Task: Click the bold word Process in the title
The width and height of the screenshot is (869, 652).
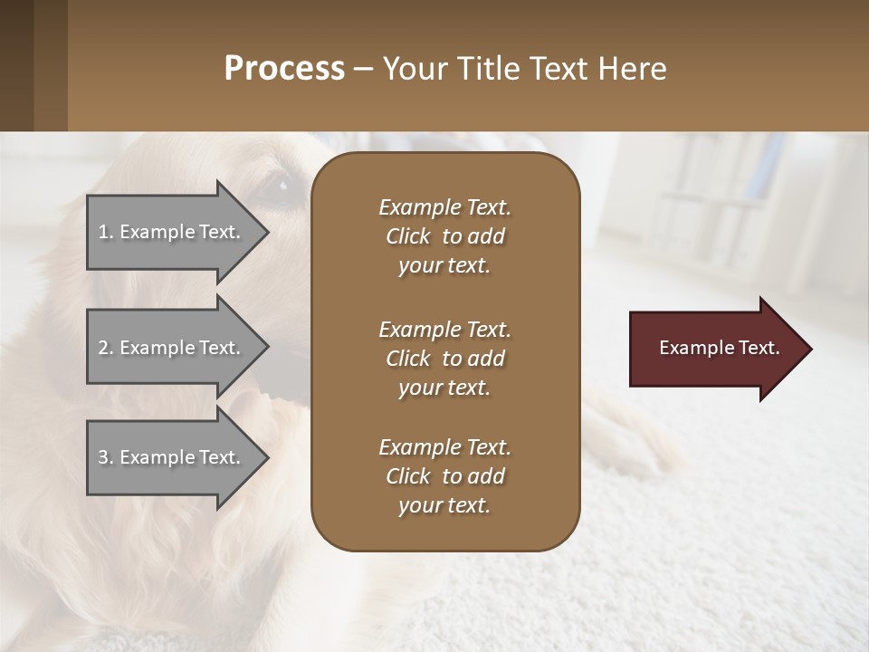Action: tap(284, 69)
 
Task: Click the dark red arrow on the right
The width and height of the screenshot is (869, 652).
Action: tap(715, 349)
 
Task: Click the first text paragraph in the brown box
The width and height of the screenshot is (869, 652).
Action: tap(444, 236)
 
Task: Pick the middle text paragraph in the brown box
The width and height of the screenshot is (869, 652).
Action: tap(444, 359)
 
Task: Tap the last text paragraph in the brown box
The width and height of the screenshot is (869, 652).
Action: tap(444, 476)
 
